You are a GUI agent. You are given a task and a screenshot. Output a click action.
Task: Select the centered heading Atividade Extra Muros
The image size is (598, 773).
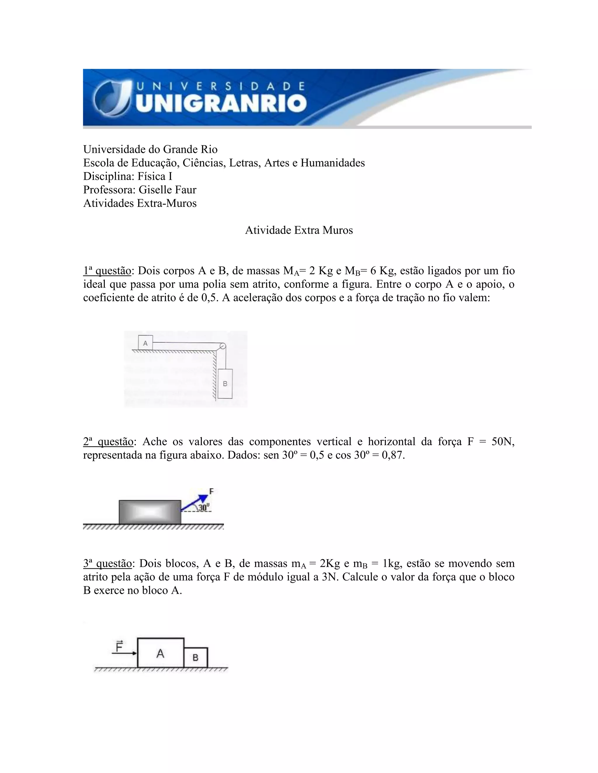[x=299, y=230]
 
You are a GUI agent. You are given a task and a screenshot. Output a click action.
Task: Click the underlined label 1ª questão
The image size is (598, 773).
[x=107, y=271]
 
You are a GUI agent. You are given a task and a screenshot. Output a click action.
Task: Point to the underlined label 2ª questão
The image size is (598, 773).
[x=108, y=441]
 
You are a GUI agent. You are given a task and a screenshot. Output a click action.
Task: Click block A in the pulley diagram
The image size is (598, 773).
[x=145, y=343]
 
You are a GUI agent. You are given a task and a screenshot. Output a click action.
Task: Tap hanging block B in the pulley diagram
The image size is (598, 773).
[x=225, y=383]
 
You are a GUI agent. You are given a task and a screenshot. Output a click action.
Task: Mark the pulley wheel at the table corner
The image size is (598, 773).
[x=222, y=346]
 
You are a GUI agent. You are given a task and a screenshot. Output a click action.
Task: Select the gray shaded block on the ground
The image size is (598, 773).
[x=150, y=512]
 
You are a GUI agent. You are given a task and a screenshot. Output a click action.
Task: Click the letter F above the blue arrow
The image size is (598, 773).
[x=211, y=491]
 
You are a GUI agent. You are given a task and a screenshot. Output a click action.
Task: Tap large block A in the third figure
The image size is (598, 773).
[x=161, y=653]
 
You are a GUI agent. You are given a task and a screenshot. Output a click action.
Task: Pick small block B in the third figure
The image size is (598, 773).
[x=196, y=657]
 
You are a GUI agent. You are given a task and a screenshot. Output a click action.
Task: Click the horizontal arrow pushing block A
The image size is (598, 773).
[x=124, y=653]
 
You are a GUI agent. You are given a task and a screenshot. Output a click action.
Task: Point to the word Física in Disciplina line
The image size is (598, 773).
[x=150, y=176]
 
